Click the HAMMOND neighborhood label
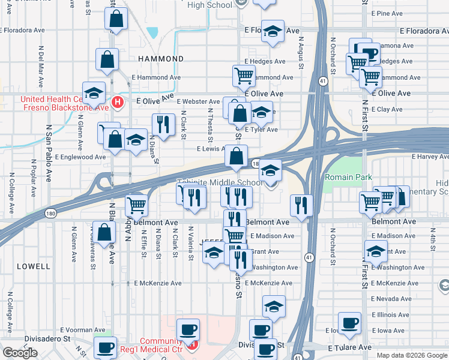click(161, 59)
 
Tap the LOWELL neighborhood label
click(34, 266)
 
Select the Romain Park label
click(349, 178)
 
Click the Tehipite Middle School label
click(219, 182)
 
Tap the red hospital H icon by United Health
click(118, 103)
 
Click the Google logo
click(20, 353)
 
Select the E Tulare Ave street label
click(349, 347)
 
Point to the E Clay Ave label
click(387, 109)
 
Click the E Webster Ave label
click(198, 102)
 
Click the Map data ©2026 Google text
click(412, 355)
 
